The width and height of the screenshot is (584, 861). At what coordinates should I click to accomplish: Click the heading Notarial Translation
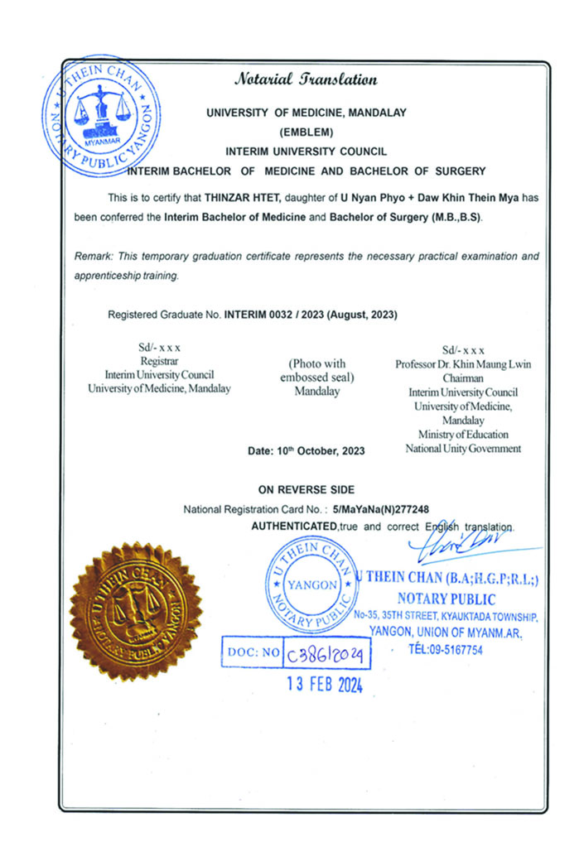pos(306,80)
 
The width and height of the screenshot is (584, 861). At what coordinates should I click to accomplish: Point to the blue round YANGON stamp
pos(312,583)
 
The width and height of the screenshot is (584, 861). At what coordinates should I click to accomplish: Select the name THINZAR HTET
pos(239,198)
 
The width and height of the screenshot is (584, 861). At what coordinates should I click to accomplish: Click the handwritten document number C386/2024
pos(326,655)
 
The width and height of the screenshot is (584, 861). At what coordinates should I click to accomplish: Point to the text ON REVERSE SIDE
pos(306,490)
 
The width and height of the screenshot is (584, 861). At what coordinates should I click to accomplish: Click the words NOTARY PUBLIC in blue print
pos(446,599)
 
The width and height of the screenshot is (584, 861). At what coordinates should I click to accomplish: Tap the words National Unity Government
pos(463,449)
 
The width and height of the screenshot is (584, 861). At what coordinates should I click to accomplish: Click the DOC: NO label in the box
pos(251,653)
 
